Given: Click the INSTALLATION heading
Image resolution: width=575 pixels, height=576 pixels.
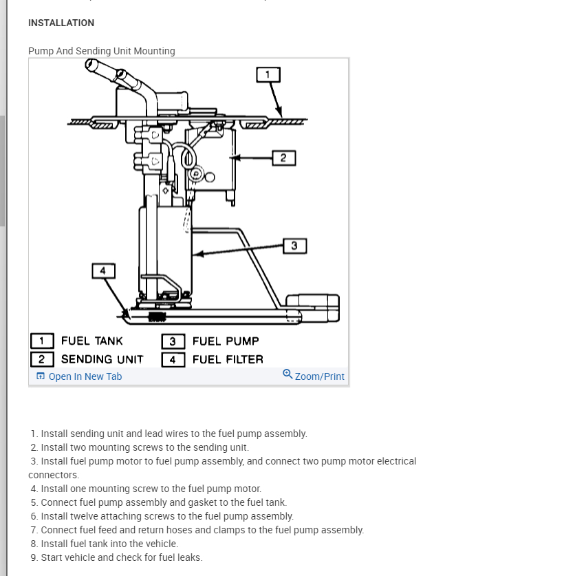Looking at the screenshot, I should (61, 23).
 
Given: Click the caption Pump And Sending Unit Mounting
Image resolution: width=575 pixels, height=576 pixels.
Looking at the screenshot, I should (102, 51).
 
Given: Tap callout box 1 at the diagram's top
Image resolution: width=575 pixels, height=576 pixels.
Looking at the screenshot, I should (268, 74).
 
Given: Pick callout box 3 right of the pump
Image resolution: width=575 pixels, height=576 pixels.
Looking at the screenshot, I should (294, 246).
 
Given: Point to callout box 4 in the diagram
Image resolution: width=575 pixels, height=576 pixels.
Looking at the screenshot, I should (103, 270).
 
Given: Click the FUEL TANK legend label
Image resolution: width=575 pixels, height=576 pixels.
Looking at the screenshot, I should (92, 341).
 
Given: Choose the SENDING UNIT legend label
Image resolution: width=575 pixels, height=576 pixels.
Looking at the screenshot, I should (102, 359).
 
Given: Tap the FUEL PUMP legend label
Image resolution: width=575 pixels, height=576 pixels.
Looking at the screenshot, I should (226, 341).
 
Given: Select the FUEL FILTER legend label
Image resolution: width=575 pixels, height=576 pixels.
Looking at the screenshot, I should (228, 359).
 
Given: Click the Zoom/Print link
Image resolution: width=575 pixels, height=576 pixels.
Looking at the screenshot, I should (319, 376).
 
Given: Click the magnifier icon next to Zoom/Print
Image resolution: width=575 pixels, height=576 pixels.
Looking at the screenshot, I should (287, 374).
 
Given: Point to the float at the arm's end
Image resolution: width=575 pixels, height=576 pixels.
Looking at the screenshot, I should (313, 307).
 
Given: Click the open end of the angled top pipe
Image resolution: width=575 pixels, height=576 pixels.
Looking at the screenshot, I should (91, 65).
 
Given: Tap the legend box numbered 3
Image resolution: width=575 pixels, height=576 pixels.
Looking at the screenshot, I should (173, 341).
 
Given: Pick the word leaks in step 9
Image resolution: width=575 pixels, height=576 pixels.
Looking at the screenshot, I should (188, 557).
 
